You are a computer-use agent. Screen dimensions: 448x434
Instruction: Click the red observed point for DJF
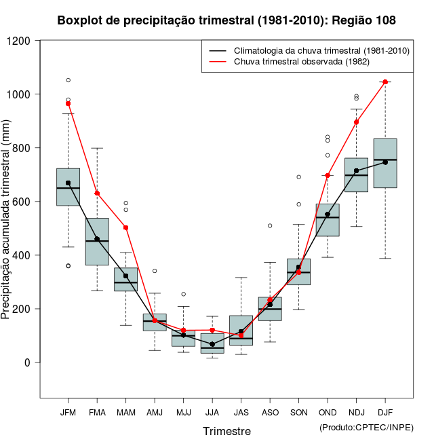[385, 81]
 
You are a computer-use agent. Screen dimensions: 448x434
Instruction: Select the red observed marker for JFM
[68, 104]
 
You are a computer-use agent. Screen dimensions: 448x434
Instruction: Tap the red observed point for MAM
[125, 228]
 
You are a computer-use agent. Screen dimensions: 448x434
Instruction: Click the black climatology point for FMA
[97, 239]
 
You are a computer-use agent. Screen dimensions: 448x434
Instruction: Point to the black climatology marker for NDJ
[356, 171]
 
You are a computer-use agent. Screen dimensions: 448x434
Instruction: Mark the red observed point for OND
[328, 175]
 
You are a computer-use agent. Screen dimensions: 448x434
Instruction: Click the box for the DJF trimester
[385, 163]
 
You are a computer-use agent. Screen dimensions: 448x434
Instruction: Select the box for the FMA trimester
[97, 242]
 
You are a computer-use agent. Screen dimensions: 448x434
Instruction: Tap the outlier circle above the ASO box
[270, 225]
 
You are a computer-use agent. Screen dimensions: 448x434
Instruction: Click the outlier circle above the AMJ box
[155, 271]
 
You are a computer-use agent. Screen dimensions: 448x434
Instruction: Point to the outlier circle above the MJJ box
[183, 294]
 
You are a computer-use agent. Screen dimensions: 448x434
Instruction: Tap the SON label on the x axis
[298, 412]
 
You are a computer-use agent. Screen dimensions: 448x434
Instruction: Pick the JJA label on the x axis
[212, 412]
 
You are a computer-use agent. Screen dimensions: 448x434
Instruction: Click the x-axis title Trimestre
[226, 431]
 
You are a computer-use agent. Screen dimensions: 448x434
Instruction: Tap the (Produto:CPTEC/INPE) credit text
[366, 427]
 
